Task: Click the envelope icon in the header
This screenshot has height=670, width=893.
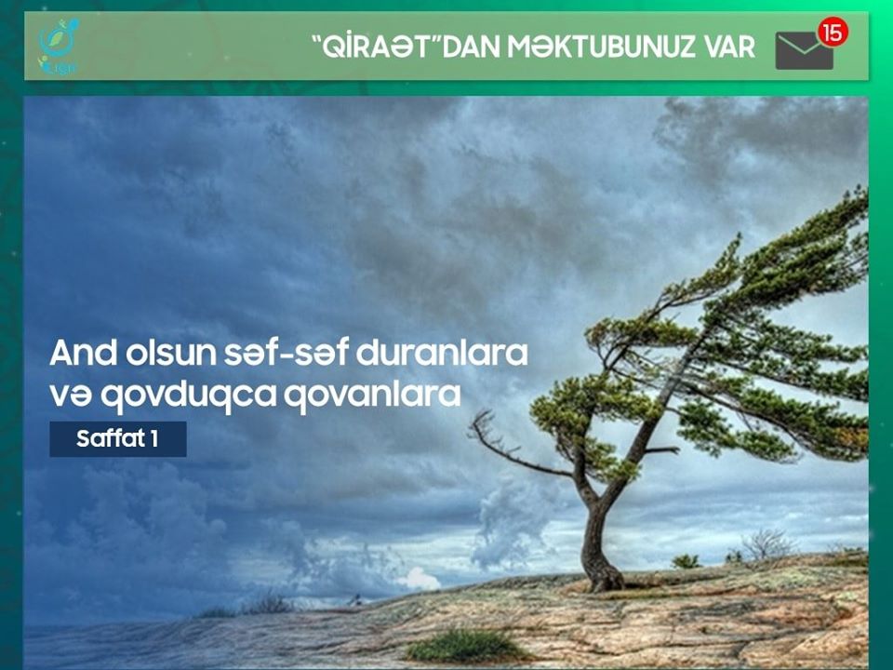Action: click(804, 50)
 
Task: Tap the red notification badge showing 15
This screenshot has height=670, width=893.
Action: click(833, 33)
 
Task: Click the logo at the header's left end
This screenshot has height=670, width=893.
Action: click(58, 47)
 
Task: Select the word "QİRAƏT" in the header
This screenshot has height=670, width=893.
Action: click(377, 47)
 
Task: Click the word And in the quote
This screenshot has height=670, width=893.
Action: click(83, 354)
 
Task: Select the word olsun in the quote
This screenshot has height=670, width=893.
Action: click(171, 354)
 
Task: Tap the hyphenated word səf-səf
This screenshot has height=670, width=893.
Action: click(286, 354)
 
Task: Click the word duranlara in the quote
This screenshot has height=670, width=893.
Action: click(442, 354)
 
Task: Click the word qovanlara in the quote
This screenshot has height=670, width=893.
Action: click(372, 395)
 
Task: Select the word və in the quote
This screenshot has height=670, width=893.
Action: click(71, 395)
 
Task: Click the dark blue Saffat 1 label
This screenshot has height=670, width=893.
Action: click(118, 438)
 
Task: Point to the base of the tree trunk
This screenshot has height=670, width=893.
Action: click(604, 579)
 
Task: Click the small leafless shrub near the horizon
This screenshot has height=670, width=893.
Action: click(766, 544)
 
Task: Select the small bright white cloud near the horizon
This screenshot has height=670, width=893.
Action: click(420, 579)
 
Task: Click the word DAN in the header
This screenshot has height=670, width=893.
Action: click(473, 47)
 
